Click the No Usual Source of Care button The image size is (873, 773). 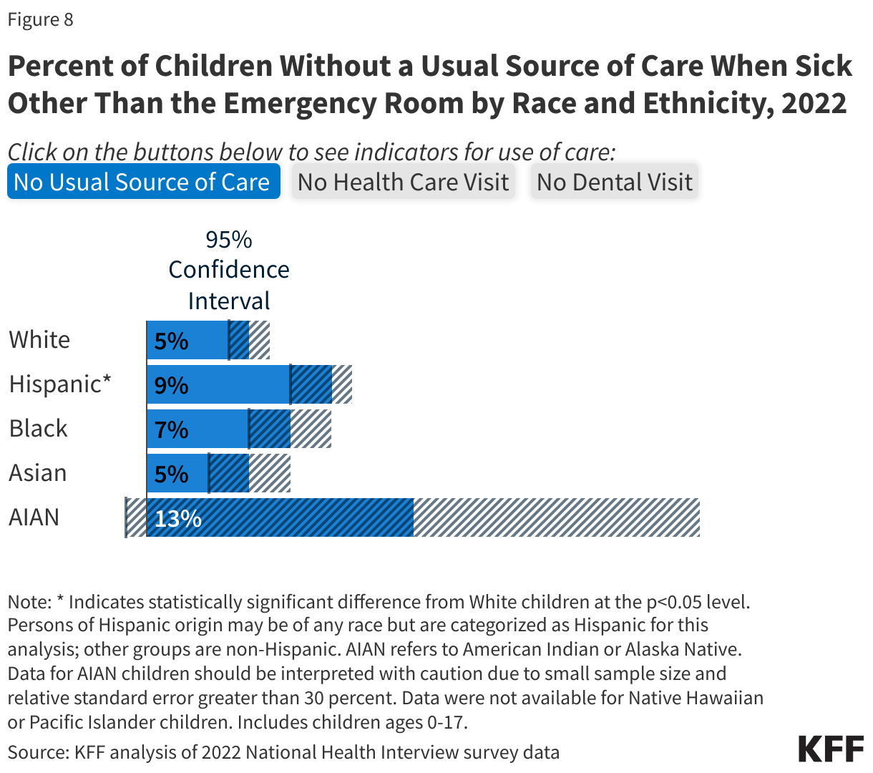tap(143, 182)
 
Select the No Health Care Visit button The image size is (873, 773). tap(403, 182)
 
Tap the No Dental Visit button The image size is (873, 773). tap(614, 182)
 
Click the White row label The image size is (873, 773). tap(40, 339)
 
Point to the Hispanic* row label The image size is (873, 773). tap(60, 384)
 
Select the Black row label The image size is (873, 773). tap(39, 428)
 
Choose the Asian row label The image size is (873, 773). tap(38, 473)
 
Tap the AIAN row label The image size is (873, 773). tap(34, 517)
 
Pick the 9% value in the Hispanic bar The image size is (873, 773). tap(171, 386)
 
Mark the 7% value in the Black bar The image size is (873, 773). tap(171, 430)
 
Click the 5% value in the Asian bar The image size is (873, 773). tap(171, 475)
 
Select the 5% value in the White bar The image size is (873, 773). tap(171, 341)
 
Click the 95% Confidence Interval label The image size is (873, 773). tap(229, 270)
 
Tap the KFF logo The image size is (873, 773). tap(831, 749)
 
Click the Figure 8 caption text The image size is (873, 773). tap(41, 19)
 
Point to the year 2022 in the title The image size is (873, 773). tap(814, 103)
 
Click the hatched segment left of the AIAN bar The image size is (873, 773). tap(135, 517)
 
